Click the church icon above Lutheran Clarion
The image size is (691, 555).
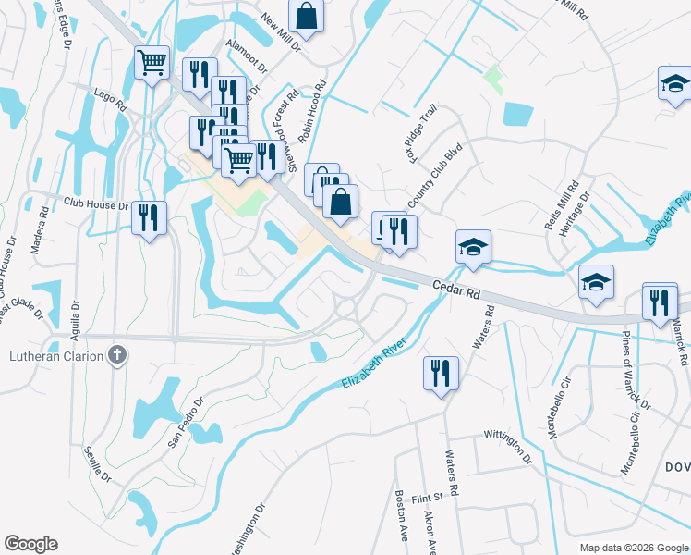(116, 354)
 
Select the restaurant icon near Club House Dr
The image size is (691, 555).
(149, 218)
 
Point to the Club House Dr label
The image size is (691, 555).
(95, 202)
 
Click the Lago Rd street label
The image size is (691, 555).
(109, 93)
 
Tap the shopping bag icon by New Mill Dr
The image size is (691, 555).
(306, 15)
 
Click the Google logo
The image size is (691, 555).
(30, 544)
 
